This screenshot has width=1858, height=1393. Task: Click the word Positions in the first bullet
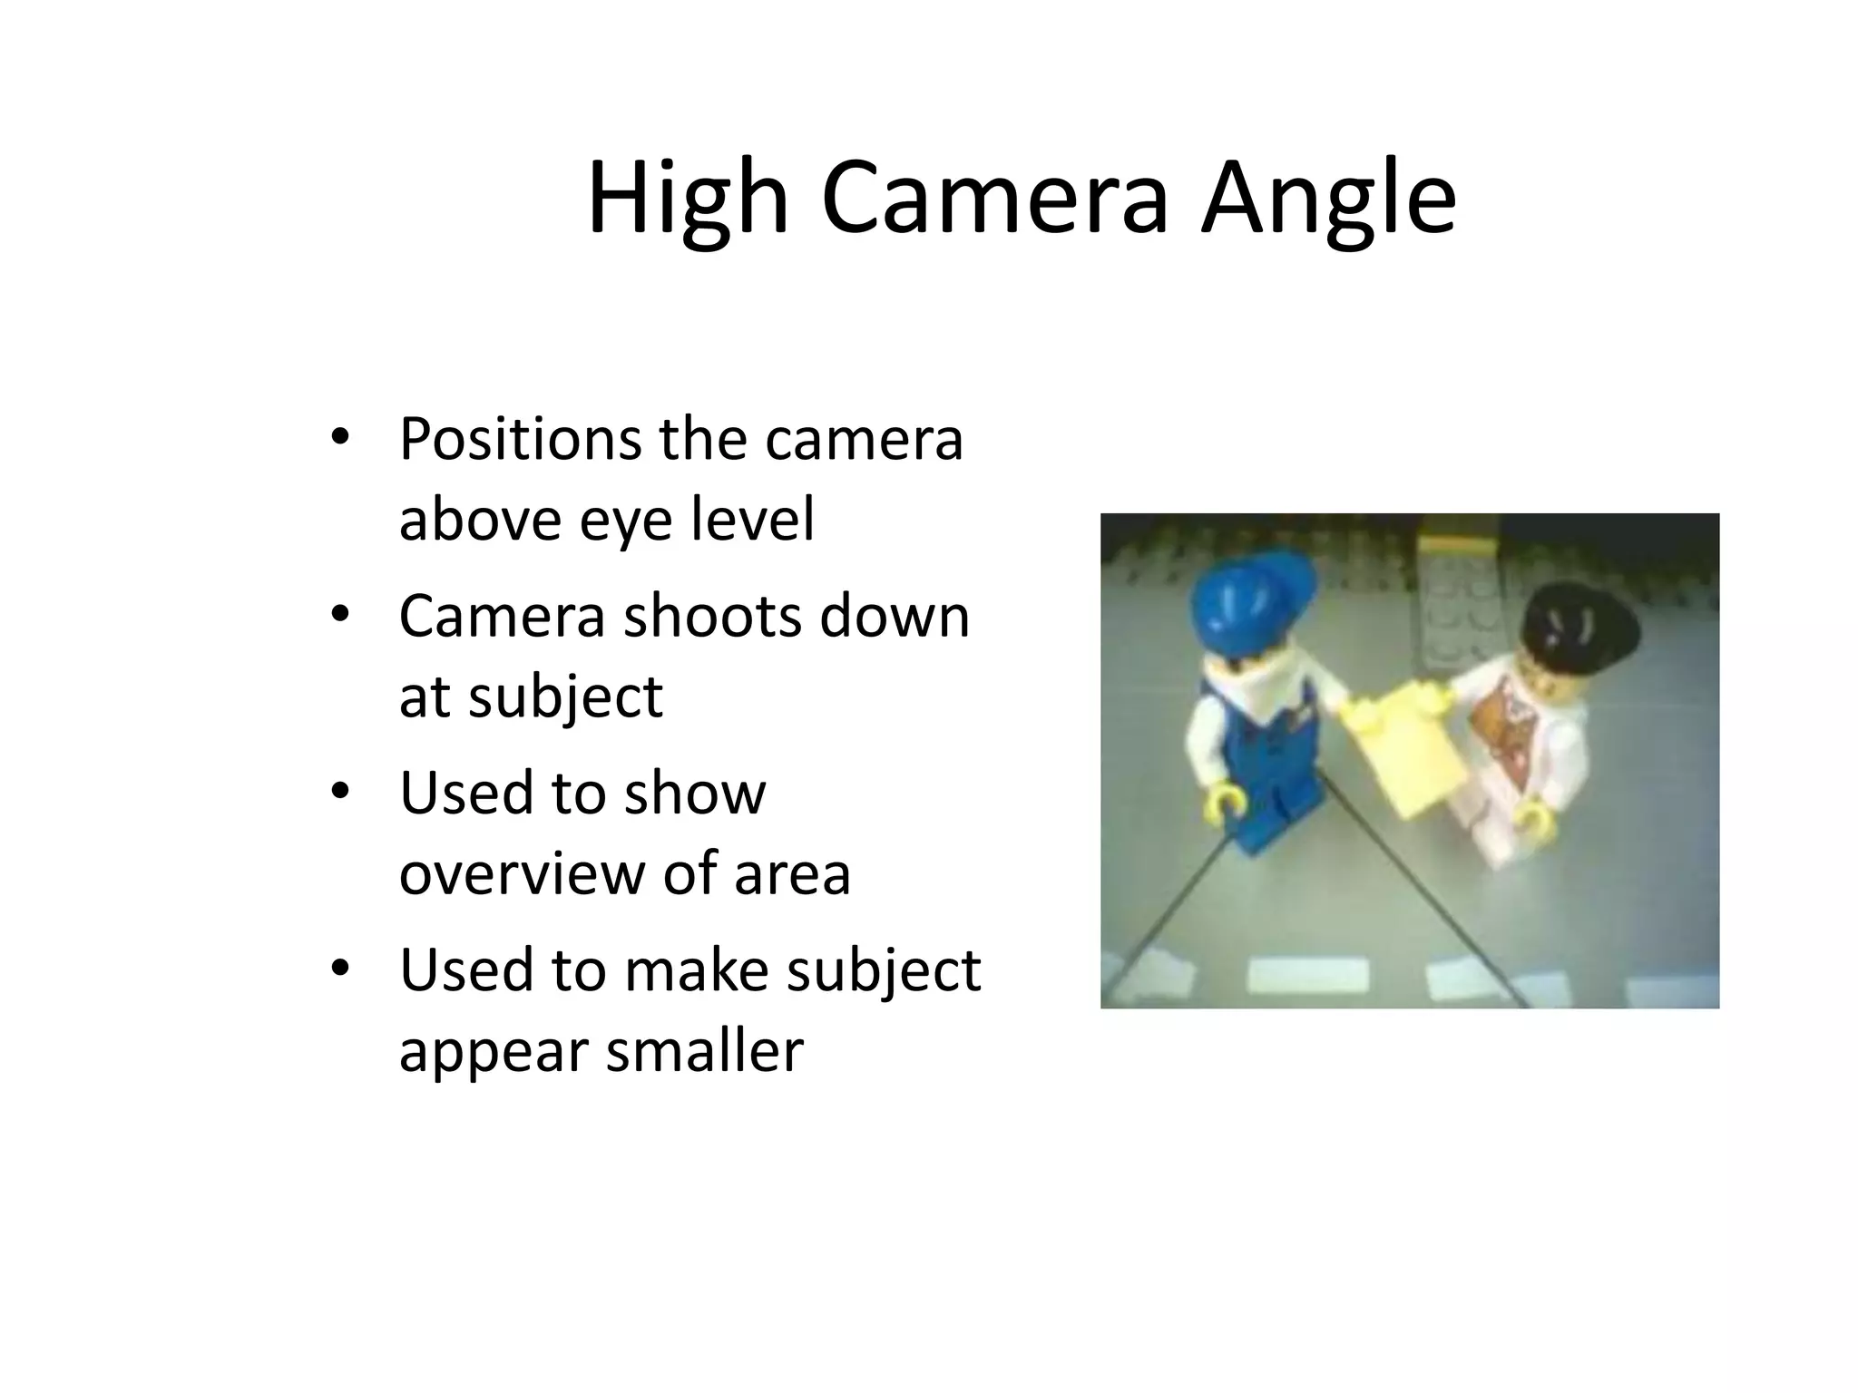521,440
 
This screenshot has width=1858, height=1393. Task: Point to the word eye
627,521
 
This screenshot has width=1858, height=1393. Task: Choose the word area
791,873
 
